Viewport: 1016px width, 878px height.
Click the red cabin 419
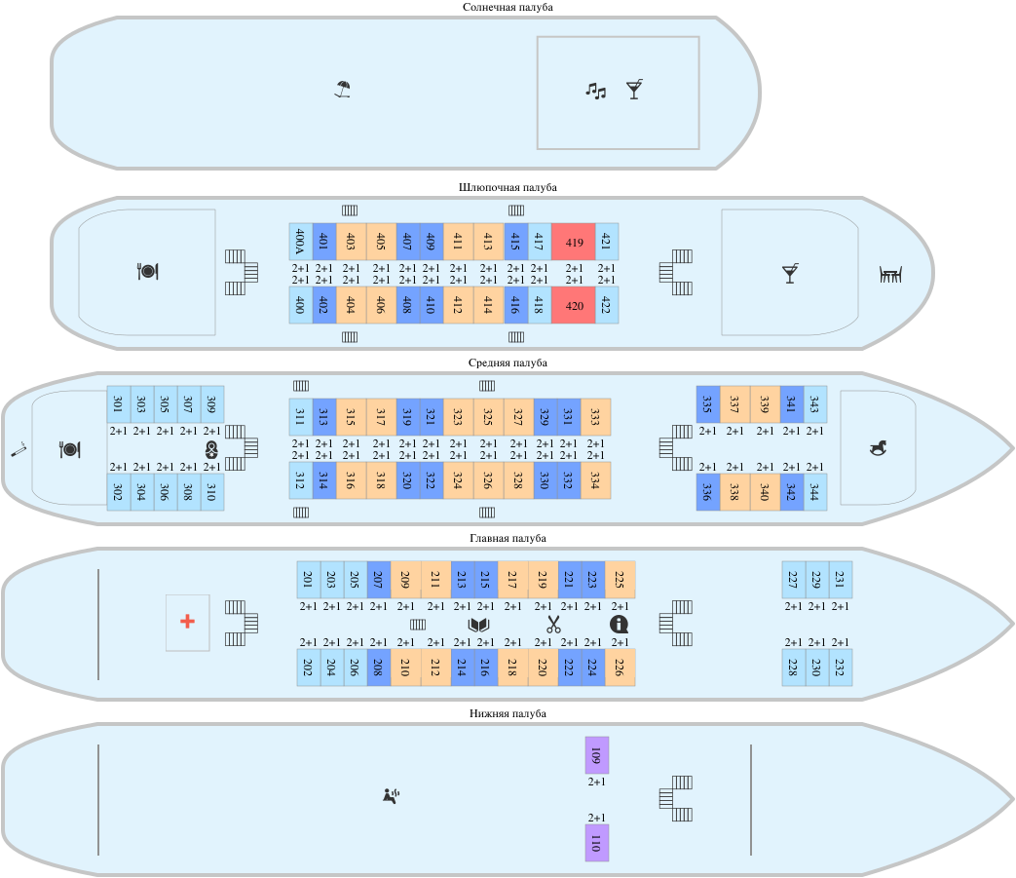pyautogui.click(x=574, y=242)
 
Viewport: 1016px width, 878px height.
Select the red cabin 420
pyautogui.click(x=574, y=305)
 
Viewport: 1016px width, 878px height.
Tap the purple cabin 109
pyautogui.click(x=596, y=755)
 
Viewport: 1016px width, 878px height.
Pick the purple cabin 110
pyautogui.click(x=596, y=842)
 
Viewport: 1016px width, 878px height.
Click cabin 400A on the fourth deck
pyautogui.click(x=300, y=242)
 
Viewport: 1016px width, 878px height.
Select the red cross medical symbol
pyautogui.click(x=187, y=622)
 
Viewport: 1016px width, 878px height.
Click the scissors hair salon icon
pyautogui.click(x=553, y=625)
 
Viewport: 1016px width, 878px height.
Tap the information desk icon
pyautogui.click(x=619, y=625)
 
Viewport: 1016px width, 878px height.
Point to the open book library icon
pyautogui.click(x=478, y=625)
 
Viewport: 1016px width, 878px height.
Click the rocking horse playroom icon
pyautogui.click(x=879, y=447)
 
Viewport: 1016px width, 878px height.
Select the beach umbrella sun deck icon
pyautogui.click(x=341, y=91)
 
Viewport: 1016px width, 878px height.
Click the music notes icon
pyautogui.click(x=595, y=91)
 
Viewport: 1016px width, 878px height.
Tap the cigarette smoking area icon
pyautogui.click(x=18, y=449)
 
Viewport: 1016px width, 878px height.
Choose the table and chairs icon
pyautogui.click(x=890, y=275)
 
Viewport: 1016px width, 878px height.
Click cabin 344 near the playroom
pyautogui.click(x=815, y=491)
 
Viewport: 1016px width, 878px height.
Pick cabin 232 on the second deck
pyautogui.click(x=841, y=668)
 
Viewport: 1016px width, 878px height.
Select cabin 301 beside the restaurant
pyautogui.click(x=118, y=403)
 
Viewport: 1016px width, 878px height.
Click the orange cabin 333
pyautogui.click(x=595, y=417)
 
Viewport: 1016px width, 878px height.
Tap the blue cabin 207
pyautogui.click(x=378, y=580)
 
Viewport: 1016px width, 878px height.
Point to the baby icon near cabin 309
pyautogui.click(x=211, y=449)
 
